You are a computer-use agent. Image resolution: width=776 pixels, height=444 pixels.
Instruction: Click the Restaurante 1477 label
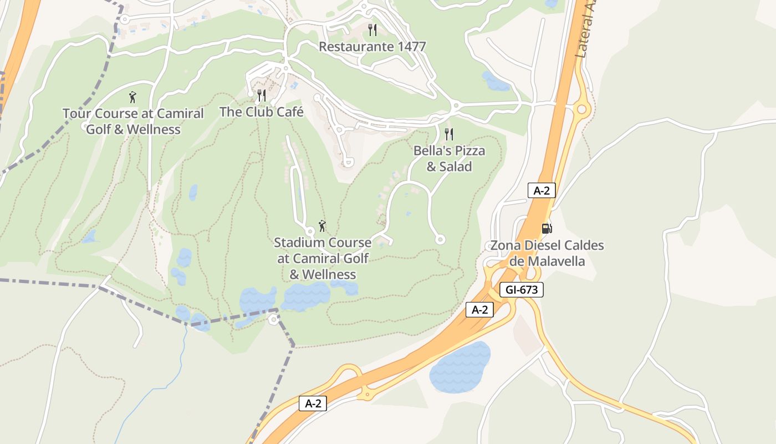(372, 47)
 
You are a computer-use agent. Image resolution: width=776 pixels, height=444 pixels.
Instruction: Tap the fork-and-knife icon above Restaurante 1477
(372, 29)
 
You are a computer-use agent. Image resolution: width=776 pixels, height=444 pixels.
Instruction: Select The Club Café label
(262, 112)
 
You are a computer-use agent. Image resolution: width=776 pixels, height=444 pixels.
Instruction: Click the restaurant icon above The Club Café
(262, 95)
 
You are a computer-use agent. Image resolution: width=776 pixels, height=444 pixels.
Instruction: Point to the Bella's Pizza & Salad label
(449, 159)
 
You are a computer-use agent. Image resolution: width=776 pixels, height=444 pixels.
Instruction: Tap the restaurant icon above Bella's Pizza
(449, 134)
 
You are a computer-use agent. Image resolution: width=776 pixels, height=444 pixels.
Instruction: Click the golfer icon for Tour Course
(132, 98)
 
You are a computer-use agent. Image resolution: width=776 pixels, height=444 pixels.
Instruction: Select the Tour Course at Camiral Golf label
(133, 122)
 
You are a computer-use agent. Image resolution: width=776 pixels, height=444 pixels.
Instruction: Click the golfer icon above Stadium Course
(322, 226)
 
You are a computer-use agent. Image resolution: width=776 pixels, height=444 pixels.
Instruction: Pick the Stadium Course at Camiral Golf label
(323, 259)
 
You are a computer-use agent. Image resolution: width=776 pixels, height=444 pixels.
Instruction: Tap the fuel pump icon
(547, 228)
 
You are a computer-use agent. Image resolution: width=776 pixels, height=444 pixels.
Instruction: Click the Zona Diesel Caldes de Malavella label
(547, 253)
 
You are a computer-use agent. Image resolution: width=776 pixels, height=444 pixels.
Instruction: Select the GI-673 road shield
(521, 290)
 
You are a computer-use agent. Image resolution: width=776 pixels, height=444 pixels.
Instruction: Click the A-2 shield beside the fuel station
(541, 190)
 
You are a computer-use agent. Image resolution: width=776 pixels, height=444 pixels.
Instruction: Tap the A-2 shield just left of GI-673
(479, 310)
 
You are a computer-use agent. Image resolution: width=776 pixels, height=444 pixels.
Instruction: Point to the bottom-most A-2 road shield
(313, 403)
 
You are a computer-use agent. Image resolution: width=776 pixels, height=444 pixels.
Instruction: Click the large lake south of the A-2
(460, 367)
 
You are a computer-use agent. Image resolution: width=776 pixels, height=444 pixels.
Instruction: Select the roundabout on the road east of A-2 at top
(581, 109)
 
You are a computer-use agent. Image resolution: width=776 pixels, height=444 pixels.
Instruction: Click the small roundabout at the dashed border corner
(273, 319)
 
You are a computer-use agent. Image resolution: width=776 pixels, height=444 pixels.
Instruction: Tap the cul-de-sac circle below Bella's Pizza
(440, 240)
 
